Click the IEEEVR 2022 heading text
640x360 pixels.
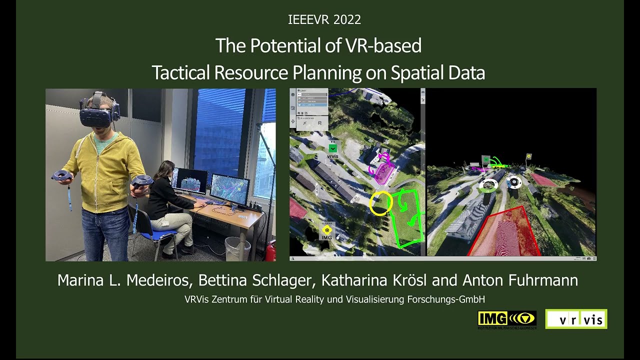click(324, 20)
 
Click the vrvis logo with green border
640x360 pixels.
click(576, 319)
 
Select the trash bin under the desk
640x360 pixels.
click(237, 248)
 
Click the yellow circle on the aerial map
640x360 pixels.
click(380, 203)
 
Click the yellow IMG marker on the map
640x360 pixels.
click(326, 231)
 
